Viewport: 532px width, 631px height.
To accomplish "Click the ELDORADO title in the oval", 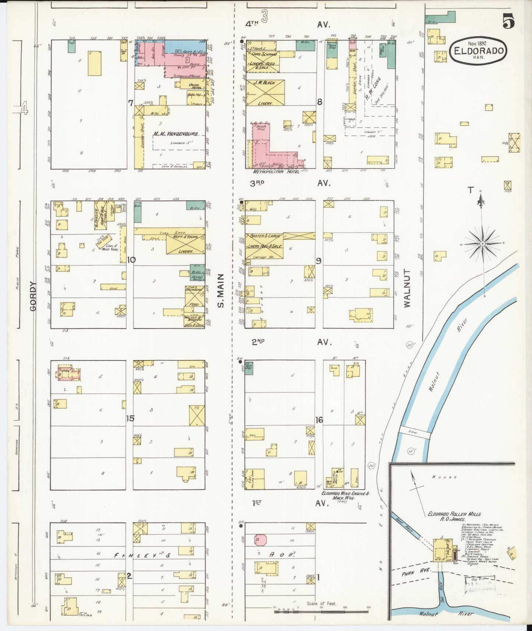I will click(x=478, y=50).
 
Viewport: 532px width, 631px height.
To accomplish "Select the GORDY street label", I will click(x=34, y=296).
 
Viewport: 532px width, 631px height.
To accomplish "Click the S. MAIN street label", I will click(x=221, y=291).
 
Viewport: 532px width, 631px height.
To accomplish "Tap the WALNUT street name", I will click(x=407, y=288).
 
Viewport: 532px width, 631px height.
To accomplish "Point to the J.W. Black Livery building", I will click(x=265, y=93).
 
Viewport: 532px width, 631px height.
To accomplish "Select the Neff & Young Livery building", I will click(x=185, y=244).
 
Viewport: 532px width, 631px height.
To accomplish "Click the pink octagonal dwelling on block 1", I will click(x=260, y=540).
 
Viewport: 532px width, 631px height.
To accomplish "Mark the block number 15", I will click(x=130, y=419).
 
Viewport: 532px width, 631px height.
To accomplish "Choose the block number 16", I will click(x=319, y=420).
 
